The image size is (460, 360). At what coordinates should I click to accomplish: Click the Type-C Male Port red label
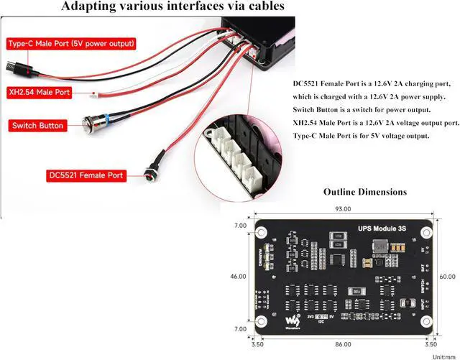(x=71, y=44)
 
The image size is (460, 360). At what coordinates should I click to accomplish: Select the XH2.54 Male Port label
(x=40, y=92)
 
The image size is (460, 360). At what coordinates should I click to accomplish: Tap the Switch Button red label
(x=37, y=126)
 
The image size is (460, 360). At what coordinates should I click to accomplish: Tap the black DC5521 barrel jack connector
(x=151, y=172)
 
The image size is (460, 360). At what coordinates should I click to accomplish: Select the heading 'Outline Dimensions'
(x=365, y=192)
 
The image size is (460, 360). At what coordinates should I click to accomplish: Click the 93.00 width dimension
(x=343, y=209)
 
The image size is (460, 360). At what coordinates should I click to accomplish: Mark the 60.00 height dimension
(x=447, y=277)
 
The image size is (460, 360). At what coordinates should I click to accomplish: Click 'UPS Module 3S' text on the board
(x=382, y=229)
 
